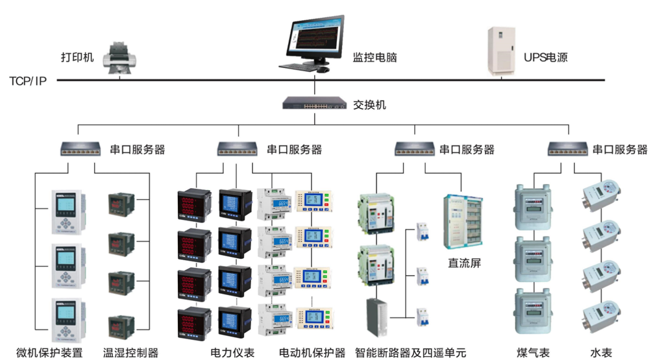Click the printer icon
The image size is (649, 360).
click(121, 58)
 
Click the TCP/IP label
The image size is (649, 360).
click(28, 80)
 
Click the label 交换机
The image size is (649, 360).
click(369, 104)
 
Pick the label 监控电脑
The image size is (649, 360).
click(374, 57)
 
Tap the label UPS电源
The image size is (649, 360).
click(546, 57)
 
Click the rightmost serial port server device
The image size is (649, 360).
click(568, 149)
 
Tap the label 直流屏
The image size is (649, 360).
click(464, 263)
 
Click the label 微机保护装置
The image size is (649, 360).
click(49, 353)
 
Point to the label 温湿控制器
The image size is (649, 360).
click(130, 353)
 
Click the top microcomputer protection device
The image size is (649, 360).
click(67, 211)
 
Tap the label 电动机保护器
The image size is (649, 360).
click(312, 353)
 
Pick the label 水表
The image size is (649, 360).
click(601, 353)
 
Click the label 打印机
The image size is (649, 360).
click(77, 57)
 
